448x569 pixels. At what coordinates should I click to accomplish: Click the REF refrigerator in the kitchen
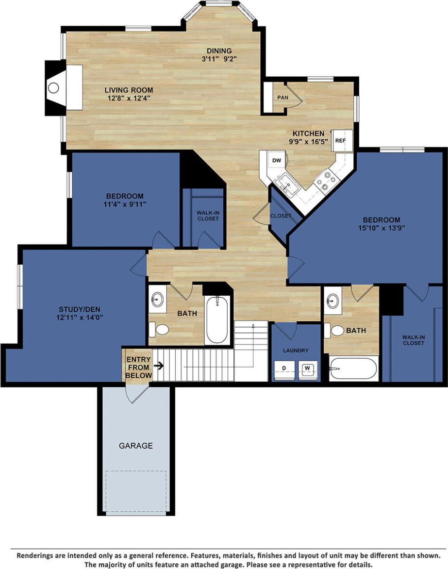[341, 140]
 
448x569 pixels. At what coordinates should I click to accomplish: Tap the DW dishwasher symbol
[277, 161]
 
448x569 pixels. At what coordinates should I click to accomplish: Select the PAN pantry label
[282, 98]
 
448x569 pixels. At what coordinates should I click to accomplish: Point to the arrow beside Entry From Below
[158, 365]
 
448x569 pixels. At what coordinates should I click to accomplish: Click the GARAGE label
[136, 445]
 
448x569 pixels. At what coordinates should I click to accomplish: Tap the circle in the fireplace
[53, 88]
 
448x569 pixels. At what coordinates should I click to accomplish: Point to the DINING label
[219, 51]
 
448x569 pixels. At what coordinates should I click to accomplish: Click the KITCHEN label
[308, 134]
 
